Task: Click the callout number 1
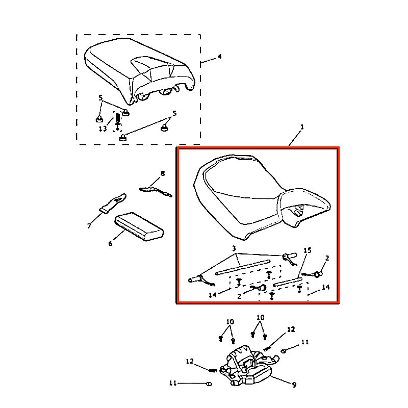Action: [302, 127]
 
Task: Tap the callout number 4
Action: [219, 57]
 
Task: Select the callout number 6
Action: [110, 243]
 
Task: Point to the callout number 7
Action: [89, 225]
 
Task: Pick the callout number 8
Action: [163, 173]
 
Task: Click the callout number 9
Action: [294, 385]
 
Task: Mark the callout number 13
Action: [103, 129]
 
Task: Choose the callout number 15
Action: [308, 250]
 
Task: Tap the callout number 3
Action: [234, 248]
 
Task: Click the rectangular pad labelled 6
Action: [139, 226]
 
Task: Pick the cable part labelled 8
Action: [156, 191]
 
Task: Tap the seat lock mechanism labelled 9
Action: [246, 366]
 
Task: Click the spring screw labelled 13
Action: [118, 121]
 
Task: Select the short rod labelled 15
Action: [288, 283]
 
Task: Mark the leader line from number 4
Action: [209, 60]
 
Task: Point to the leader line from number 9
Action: [281, 380]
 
